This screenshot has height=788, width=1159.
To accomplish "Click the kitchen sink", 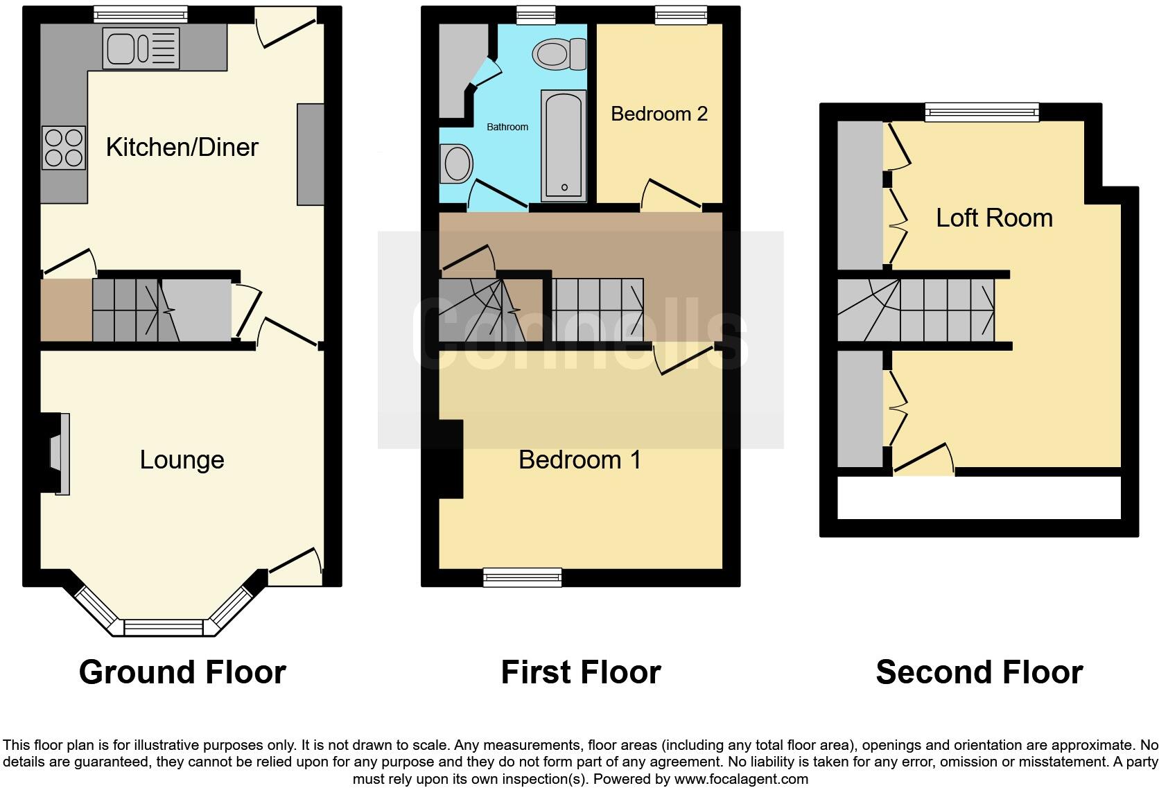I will click(140, 49).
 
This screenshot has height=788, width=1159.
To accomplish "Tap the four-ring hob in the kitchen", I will click(64, 148).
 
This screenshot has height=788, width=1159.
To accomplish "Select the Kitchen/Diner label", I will click(182, 147).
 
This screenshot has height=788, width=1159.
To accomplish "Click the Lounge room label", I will click(182, 459).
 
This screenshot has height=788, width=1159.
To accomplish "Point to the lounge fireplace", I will click(59, 454).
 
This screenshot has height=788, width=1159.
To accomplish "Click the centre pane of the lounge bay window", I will click(164, 627).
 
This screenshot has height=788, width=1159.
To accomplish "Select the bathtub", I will click(564, 145).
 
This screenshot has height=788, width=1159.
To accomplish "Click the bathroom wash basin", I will click(457, 164).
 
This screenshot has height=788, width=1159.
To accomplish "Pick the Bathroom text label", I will click(507, 127).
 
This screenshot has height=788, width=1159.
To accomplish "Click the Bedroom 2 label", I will click(659, 114).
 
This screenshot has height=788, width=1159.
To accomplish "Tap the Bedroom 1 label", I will click(579, 459).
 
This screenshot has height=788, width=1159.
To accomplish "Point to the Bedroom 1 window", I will click(522, 577).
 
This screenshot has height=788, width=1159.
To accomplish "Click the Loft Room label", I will click(994, 218).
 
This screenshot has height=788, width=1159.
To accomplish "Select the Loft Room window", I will click(982, 112).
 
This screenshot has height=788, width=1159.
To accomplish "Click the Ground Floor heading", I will click(182, 672).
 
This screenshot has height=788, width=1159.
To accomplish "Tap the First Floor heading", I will click(581, 672).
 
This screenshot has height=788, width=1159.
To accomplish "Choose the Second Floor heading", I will click(979, 672).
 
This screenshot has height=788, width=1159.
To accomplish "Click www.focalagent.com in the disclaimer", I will click(741, 778).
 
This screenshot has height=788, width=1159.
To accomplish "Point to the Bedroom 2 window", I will click(680, 15).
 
